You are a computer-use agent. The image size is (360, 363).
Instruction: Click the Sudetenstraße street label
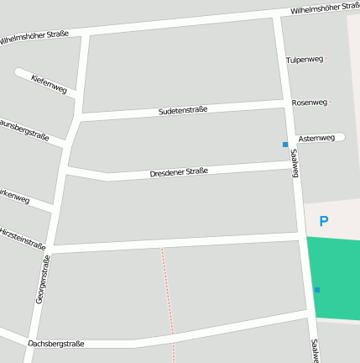[x=182, y=111]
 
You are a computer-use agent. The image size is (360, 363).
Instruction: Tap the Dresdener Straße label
[x=178, y=172]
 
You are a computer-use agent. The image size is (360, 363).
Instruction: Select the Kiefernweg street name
[x=49, y=83]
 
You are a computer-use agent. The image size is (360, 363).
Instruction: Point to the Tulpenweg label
[x=304, y=60]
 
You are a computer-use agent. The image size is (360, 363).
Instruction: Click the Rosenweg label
[x=309, y=103]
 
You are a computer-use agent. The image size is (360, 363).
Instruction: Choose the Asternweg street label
[x=316, y=138]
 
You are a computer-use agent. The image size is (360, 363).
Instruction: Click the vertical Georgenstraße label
[x=43, y=279]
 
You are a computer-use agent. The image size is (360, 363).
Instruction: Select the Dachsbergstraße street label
[x=56, y=344]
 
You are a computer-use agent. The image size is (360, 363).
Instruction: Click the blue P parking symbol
[x=323, y=222]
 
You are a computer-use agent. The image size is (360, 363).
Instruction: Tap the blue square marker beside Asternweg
[x=285, y=145]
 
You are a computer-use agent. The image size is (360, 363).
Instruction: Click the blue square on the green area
[x=316, y=290]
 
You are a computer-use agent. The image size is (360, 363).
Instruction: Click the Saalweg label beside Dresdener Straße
[x=295, y=166]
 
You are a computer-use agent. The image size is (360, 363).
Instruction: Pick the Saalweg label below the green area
[x=314, y=350]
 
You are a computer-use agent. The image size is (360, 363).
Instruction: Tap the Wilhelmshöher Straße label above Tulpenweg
[x=325, y=9]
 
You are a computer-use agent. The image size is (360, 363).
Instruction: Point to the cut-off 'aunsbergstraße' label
[x=23, y=129]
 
